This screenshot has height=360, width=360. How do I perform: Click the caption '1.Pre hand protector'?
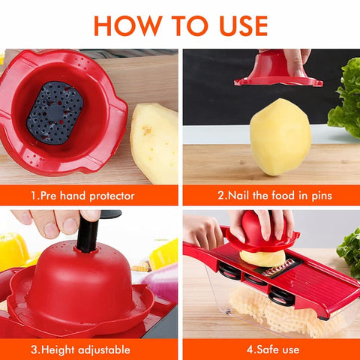click(x=82, y=196)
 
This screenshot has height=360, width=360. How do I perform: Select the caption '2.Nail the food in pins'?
click(x=274, y=196)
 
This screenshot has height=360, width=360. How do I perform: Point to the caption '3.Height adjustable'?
click(x=81, y=349)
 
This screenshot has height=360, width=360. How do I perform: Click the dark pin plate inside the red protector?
click(x=54, y=112)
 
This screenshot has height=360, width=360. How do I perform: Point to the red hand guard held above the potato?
click(x=278, y=72)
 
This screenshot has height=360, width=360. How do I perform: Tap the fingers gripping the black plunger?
click(x=56, y=221)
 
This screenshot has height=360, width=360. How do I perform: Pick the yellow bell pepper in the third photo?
click(x=13, y=251)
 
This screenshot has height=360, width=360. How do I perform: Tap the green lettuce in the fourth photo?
click(x=349, y=251)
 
